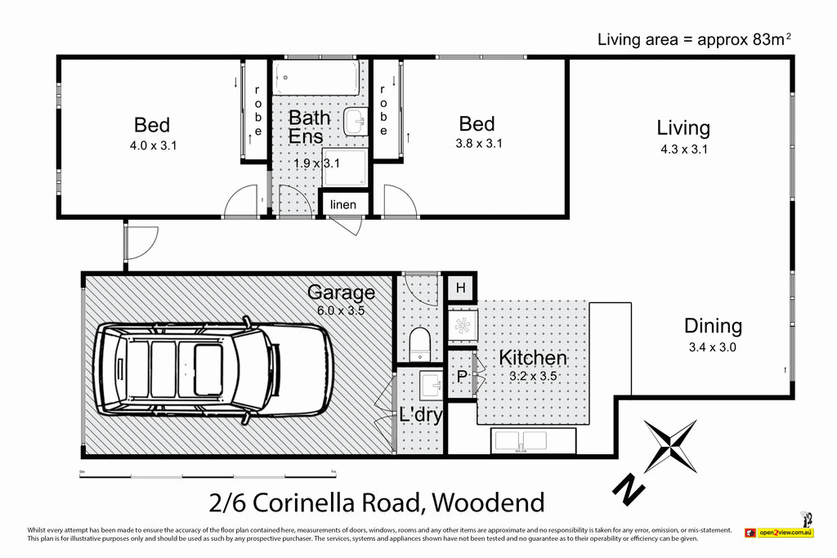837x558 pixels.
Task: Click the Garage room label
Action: (x=341, y=292)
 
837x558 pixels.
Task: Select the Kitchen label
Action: (x=532, y=357)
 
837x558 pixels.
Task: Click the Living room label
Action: (x=683, y=127)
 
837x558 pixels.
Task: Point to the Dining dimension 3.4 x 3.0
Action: (x=713, y=346)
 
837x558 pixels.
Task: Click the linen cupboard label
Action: (x=343, y=204)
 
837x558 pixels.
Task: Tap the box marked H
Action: (x=461, y=288)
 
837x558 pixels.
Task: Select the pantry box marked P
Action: (x=461, y=377)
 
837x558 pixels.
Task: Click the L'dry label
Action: (x=421, y=414)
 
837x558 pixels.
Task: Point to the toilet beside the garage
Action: (x=419, y=343)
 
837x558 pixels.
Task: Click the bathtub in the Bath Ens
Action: (x=315, y=79)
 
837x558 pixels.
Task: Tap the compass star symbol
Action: (x=670, y=446)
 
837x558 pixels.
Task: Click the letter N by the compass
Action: (x=627, y=489)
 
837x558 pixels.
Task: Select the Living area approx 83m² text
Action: (x=695, y=38)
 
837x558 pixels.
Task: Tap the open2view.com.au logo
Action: (x=778, y=533)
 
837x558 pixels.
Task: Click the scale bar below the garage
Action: (x=208, y=475)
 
